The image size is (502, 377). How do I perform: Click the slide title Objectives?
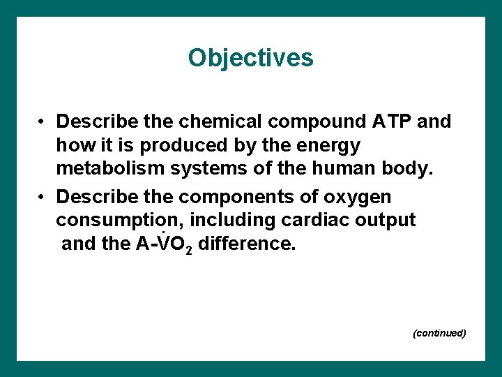(250, 58)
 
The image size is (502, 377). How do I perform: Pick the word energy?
(329, 147)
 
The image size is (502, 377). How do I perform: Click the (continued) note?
(439, 333)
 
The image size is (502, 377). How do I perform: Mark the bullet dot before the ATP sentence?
(43, 123)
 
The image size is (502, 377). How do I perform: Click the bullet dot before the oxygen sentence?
(43, 198)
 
